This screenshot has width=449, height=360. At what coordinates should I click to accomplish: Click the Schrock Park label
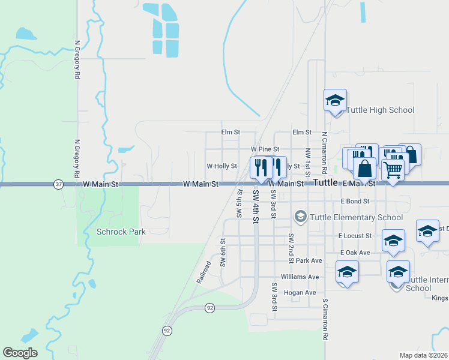[121, 232]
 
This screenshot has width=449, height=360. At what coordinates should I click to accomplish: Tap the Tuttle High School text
[381, 110]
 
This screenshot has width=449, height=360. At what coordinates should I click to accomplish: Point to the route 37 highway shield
[58, 184]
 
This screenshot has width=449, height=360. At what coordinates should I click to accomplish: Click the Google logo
[20, 353]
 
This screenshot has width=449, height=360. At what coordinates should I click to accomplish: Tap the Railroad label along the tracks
[203, 272]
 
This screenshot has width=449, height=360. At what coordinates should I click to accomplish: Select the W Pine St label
[265, 149]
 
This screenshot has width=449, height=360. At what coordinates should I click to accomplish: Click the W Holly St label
[221, 166]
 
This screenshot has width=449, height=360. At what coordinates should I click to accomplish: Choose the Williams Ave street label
[300, 277]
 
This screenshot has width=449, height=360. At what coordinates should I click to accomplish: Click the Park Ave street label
[309, 261]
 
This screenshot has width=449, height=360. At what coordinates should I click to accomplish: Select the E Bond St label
[354, 201]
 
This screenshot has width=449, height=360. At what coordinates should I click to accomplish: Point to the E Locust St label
[355, 236]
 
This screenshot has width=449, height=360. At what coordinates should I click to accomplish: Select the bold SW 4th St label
[255, 206]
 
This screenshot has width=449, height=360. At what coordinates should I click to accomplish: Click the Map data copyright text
[423, 355]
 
